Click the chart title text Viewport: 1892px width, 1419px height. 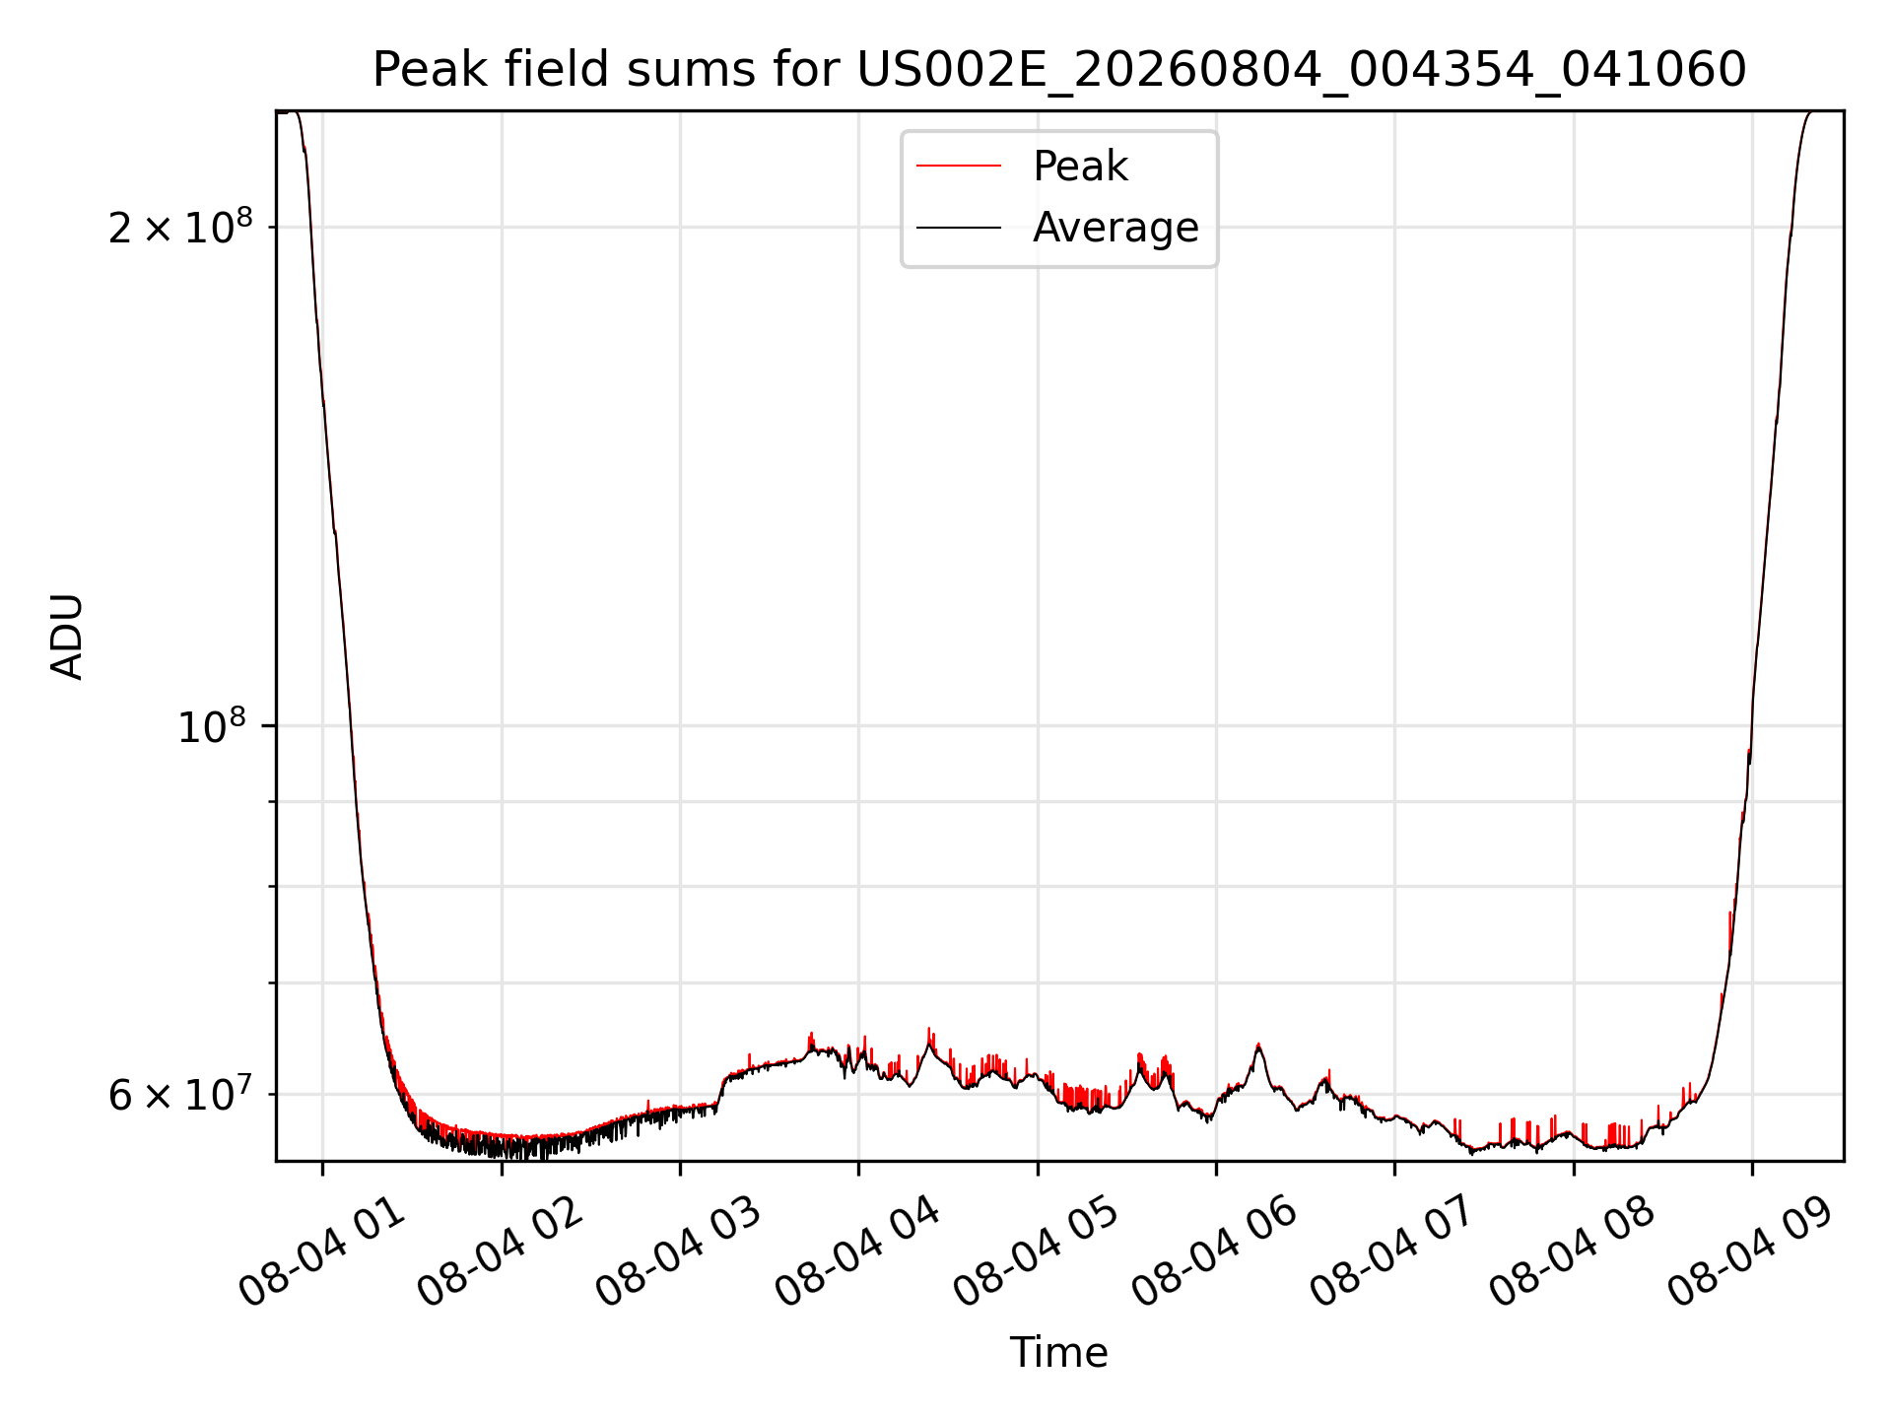pyautogui.click(x=1059, y=70)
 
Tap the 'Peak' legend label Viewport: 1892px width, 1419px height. pyautogui.click(x=1080, y=167)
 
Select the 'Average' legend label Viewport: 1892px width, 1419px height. pyautogui.click(x=1115, y=228)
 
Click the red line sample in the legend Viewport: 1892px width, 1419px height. pyautogui.click(x=959, y=167)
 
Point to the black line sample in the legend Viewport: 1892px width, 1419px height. pyautogui.click(x=959, y=228)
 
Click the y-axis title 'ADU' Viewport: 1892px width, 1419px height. pyautogui.click(x=67, y=636)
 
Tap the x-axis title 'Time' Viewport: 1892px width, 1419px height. pyautogui.click(x=1059, y=1353)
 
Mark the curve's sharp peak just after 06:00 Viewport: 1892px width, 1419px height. pyautogui.click(x=1258, y=1045)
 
